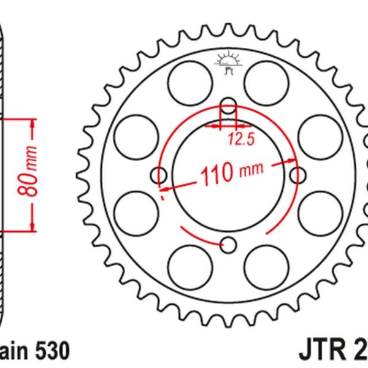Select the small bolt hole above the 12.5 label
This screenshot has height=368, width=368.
coord(228,105)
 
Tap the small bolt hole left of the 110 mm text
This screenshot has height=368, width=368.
coord(159,176)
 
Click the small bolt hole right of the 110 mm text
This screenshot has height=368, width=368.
coord(298,176)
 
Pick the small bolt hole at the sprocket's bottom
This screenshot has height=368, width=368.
coord(228,245)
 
